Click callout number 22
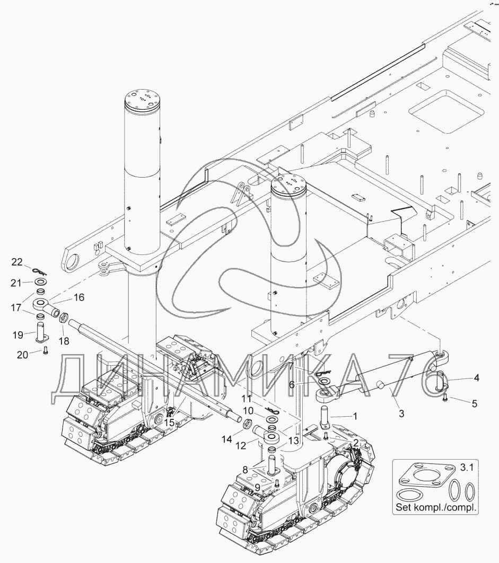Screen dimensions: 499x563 17,261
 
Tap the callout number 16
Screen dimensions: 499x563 78,297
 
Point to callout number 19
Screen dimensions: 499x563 17,335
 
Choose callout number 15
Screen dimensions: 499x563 169,423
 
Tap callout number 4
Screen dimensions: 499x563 476,378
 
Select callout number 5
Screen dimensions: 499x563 475,403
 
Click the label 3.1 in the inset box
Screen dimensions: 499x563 467,468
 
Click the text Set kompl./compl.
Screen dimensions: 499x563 436,507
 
